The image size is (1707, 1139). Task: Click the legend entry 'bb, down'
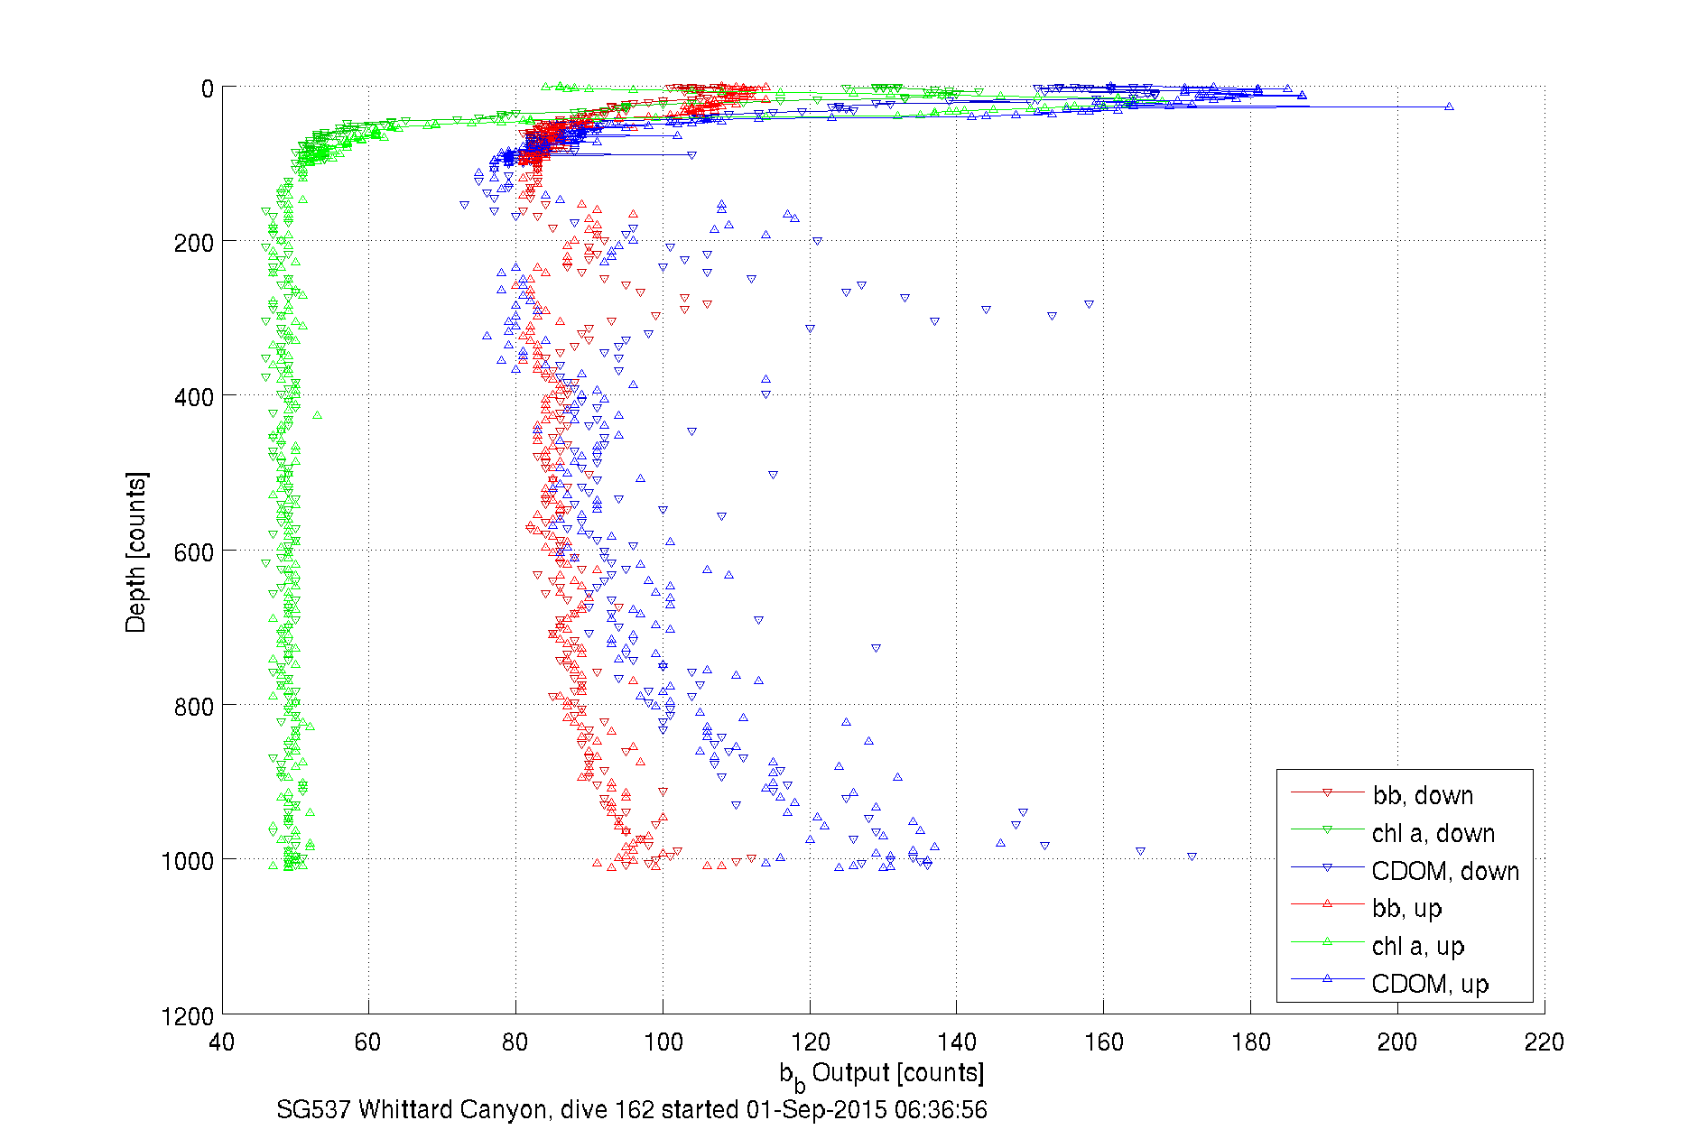pyautogui.click(x=1423, y=795)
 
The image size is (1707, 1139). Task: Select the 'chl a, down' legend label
pyautogui.click(x=1433, y=833)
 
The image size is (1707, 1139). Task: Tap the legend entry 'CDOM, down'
pyautogui.click(x=1444, y=871)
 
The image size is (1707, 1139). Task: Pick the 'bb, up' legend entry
pyautogui.click(x=1406, y=908)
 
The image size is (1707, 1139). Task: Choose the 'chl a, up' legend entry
pyautogui.click(x=1417, y=946)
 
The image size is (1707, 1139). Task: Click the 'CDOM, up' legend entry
pyautogui.click(x=1429, y=984)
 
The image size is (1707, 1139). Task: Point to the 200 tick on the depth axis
pyautogui.click(x=193, y=243)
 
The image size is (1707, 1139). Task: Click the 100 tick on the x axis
pyautogui.click(x=663, y=1042)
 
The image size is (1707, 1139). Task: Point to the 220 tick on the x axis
pyautogui.click(x=1544, y=1042)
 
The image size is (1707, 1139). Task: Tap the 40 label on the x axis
pyautogui.click(x=221, y=1042)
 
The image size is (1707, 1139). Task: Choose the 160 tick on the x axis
pyautogui.click(x=1103, y=1042)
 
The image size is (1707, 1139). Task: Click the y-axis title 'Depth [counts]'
pyautogui.click(x=135, y=551)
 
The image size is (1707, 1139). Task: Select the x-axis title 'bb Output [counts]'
pyautogui.click(x=882, y=1074)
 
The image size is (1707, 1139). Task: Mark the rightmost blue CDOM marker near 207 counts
pyautogui.click(x=1449, y=106)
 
